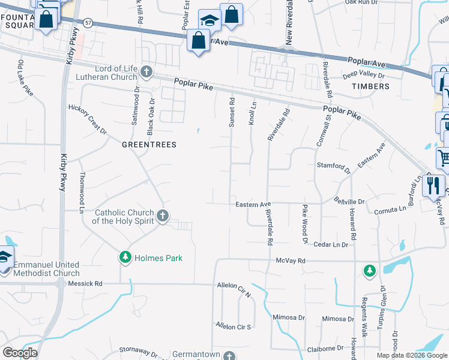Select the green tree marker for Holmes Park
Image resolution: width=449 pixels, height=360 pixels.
[x=125, y=257]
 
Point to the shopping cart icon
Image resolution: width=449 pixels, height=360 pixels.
[x=444, y=158]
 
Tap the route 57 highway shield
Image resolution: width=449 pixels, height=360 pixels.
[x=88, y=23]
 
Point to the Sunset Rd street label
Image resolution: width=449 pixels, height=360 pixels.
[x=231, y=113]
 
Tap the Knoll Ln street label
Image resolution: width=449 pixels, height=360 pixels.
[x=252, y=113]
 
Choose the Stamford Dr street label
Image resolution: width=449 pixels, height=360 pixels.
[x=333, y=165]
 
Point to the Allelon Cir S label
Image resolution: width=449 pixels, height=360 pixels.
[x=234, y=326]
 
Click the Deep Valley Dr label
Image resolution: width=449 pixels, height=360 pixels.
[x=363, y=75]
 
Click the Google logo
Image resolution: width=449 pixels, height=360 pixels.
[x=20, y=352]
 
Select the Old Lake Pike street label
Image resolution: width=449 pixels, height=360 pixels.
[x=25, y=78]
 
